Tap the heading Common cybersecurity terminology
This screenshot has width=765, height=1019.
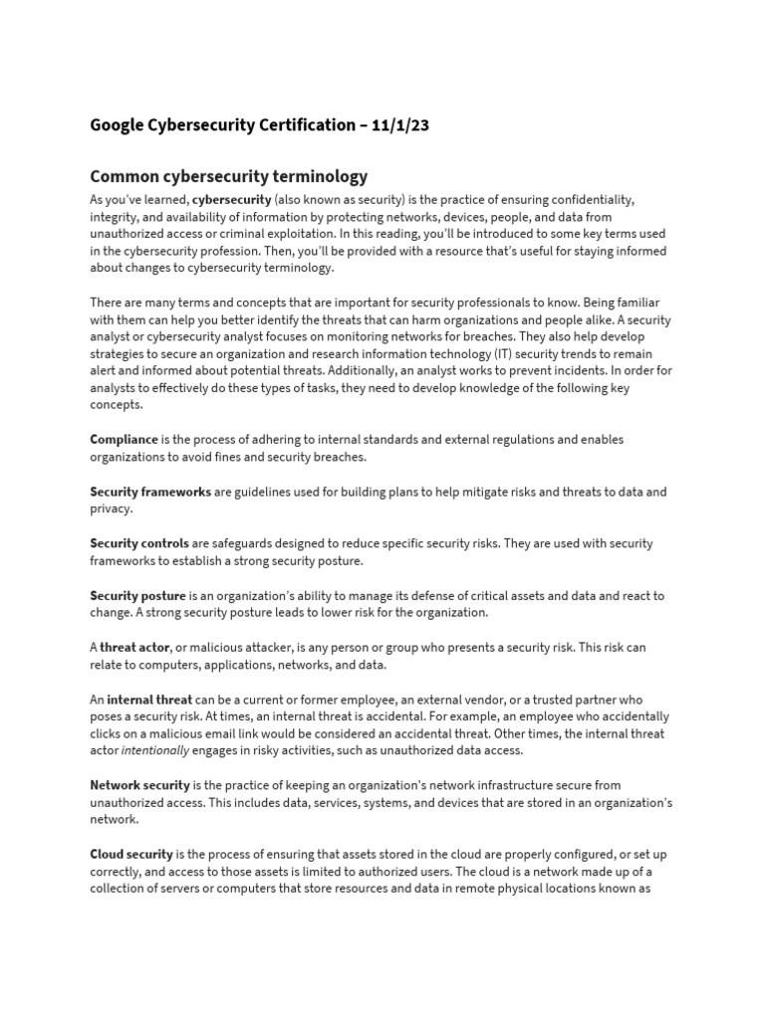[229, 176]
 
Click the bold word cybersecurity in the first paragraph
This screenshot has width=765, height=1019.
[231, 200]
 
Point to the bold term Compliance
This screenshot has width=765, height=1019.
[124, 439]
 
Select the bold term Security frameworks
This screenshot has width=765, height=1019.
[150, 492]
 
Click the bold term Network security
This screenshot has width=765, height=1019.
[139, 785]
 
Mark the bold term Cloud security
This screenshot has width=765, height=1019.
[131, 855]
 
